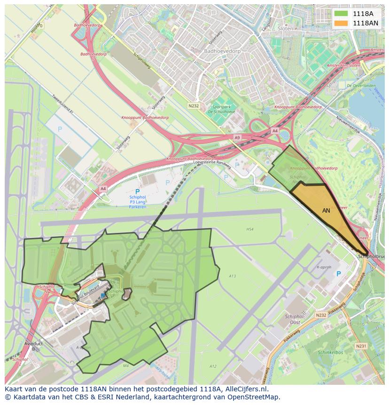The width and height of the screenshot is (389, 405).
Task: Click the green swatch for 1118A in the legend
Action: [x=341, y=14]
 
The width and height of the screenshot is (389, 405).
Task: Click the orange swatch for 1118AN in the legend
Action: [x=341, y=23]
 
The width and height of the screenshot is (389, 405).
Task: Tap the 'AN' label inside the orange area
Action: [x=326, y=211]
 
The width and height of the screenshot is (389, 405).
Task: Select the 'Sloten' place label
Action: [x=285, y=28]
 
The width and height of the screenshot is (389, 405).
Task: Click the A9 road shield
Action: [x=237, y=137]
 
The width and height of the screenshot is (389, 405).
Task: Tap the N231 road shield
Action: [x=361, y=346]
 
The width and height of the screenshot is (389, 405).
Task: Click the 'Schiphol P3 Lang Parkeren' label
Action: [x=137, y=199]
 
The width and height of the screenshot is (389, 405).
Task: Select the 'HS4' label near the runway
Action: [x=249, y=229]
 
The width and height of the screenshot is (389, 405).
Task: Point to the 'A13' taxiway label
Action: [x=232, y=276]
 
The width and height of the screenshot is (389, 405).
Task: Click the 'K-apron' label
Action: [x=324, y=267]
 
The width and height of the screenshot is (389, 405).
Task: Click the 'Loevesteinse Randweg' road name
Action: [x=212, y=164]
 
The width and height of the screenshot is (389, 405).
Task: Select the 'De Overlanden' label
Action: [x=361, y=86]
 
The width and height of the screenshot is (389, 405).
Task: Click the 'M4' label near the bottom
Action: [x=125, y=365]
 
